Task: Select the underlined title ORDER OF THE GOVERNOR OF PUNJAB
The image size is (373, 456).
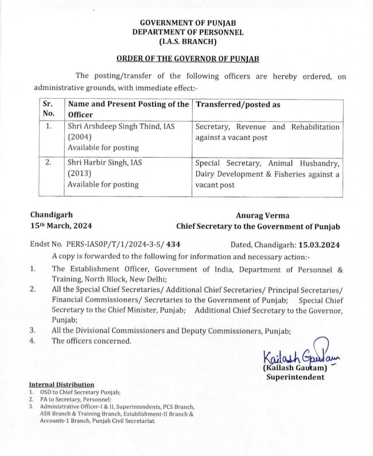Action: tap(188, 59)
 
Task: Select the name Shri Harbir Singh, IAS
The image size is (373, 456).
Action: tap(105, 163)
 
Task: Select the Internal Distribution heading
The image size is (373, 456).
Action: tap(61, 384)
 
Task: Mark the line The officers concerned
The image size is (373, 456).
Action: tap(91, 341)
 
